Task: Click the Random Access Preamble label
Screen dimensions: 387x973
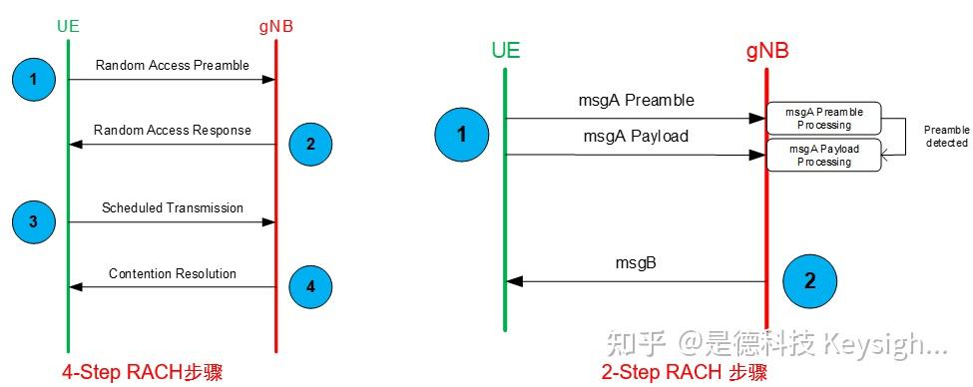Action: click(x=172, y=66)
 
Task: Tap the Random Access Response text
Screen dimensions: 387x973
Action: click(x=172, y=131)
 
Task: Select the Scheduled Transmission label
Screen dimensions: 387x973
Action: click(x=172, y=208)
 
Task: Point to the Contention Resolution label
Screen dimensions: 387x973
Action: click(x=172, y=273)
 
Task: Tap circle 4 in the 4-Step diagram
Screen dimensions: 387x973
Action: click(x=310, y=287)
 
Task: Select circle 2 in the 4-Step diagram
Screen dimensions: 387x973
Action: click(x=310, y=145)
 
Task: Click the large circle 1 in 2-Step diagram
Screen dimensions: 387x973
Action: click(x=461, y=135)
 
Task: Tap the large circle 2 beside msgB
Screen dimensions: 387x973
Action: click(x=809, y=280)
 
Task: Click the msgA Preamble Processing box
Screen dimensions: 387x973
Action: click(x=824, y=119)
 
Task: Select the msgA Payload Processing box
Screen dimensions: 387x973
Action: click(x=824, y=155)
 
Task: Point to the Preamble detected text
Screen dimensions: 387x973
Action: click(x=945, y=137)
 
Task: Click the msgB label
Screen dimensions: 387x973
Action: click(x=635, y=263)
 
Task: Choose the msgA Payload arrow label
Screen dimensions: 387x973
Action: click(x=635, y=136)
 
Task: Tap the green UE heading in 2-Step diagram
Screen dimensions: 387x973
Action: click(x=506, y=50)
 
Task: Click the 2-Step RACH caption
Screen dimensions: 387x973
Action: click(x=685, y=372)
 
